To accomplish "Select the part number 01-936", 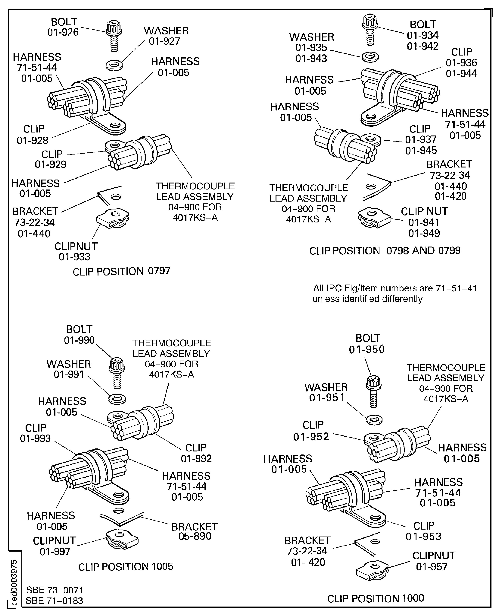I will tap(461, 63).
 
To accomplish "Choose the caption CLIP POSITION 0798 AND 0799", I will tap(385, 251).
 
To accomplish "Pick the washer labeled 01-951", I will tap(374, 420).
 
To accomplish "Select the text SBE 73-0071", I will tap(55, 590).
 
